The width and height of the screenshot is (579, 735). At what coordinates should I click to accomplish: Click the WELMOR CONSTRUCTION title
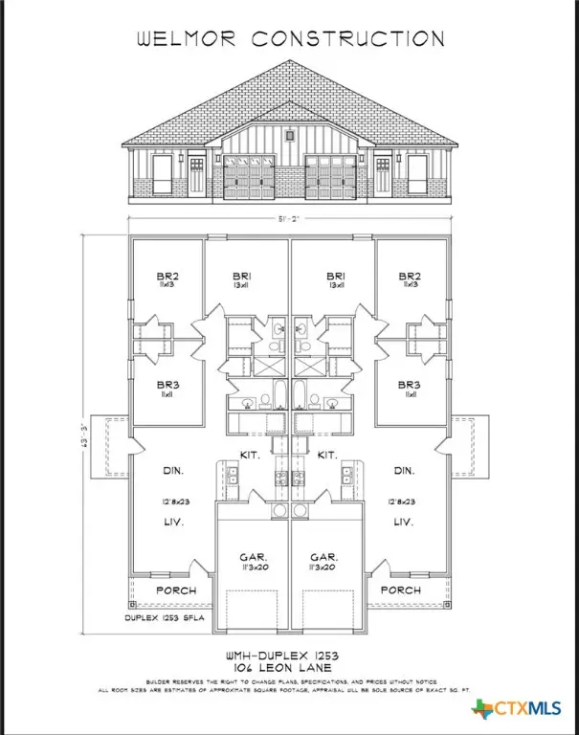point(289,38)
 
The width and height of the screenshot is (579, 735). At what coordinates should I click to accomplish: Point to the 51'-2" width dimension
point(288,218)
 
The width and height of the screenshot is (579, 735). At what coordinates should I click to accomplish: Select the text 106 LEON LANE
point(289,666)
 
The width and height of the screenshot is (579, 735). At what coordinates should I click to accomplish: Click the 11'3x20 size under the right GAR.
point(327,567)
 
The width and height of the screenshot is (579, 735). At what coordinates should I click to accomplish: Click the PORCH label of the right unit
point(401,590)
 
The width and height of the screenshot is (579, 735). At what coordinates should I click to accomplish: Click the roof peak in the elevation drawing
point(289,63)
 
